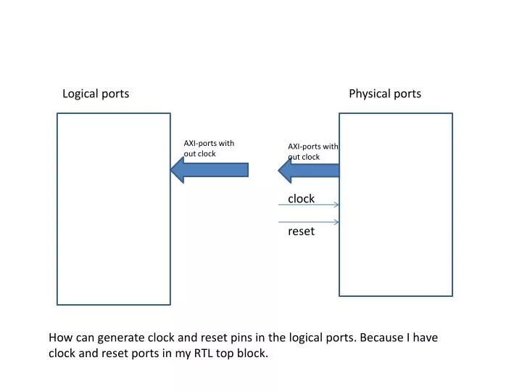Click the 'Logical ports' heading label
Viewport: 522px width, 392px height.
96,94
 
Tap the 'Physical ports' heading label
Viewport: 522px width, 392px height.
385,94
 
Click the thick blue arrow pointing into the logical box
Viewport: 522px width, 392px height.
210,170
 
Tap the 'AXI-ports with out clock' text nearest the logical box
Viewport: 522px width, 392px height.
209,148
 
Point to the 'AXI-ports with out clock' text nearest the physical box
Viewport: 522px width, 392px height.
312,152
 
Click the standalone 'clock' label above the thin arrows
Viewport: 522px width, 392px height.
301,199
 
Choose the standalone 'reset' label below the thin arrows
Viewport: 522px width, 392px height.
301,232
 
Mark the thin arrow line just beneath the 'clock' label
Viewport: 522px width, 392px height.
309,205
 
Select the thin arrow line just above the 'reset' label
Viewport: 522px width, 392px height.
309,221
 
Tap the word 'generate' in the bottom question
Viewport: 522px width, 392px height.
120,338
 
